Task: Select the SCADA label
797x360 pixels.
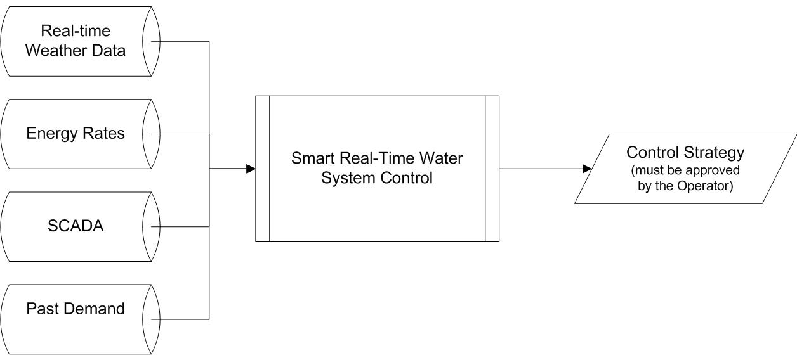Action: click(x=76, y=226)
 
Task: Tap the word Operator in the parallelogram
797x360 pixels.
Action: click(x=705, y=186)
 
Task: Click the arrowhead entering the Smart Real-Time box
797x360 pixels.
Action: click(x=251, y=169)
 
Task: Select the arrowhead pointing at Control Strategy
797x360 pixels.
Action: click(x=588, y=169)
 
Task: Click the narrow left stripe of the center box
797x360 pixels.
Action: click(x=263, y=169)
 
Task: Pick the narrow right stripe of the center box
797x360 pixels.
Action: click(x=492, y=169)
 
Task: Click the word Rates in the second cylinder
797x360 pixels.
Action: click(x=103, y=133)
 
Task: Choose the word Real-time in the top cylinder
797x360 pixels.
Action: click(x=76, y=31)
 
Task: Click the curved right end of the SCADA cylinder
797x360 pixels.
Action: click(x=152, y=227)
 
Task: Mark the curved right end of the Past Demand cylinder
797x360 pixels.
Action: click(x=152, y=319)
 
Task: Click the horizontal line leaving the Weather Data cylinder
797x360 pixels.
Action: click(x=180, y=42)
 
